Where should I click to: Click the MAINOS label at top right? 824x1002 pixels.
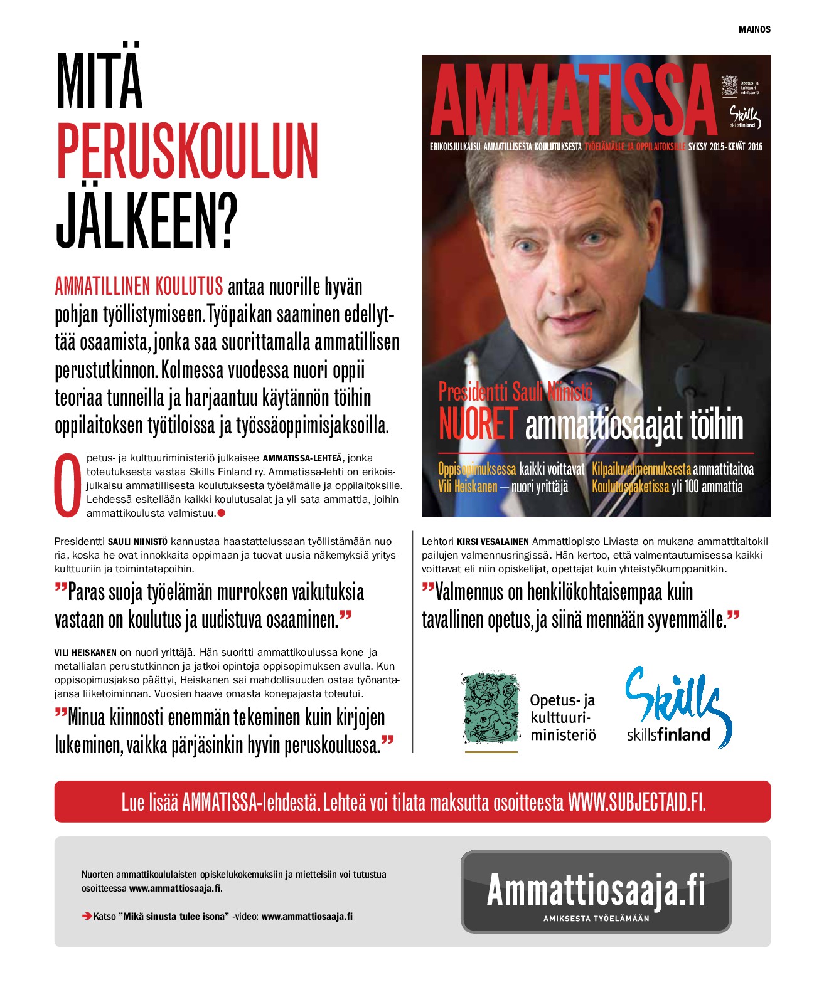(x=754, y=29)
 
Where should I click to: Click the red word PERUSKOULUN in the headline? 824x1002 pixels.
(x=187, y=151)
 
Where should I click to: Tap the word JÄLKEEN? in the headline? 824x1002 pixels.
(x=147, y=221)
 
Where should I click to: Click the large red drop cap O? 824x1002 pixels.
(x=68, y=485)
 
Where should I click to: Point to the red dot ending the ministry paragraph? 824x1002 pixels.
(x=221, y=514)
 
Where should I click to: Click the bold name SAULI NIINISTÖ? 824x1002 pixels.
(x=137, y=542)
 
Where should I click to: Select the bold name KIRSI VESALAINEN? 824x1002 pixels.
(x=493, y=542)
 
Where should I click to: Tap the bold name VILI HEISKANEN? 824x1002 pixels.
(x=85, y=653)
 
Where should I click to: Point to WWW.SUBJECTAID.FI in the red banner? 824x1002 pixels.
(x=636, y=802)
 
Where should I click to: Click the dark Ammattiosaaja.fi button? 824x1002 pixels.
(x=596, y=891)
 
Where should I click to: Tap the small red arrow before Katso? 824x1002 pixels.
(x=87, y=917)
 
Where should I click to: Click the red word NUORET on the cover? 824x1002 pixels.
(x=478, y=425)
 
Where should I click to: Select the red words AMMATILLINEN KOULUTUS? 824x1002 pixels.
(x=139, y=287)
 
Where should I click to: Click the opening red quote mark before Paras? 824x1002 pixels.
(x=60, y=589)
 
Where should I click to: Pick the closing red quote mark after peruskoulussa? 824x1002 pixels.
(x=387, y=742)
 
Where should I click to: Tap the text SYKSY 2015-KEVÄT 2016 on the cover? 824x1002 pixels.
(x=725, y=147)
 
